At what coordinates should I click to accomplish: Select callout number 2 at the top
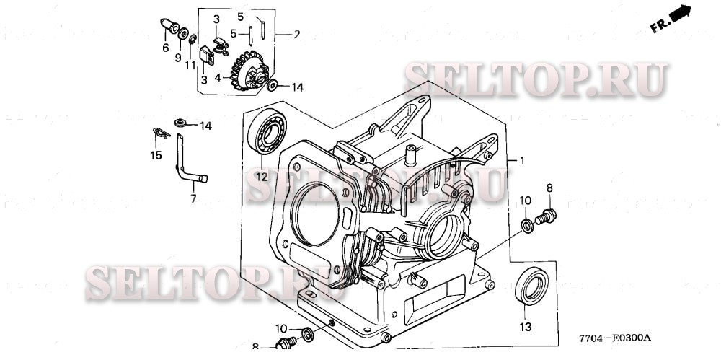point(296,34)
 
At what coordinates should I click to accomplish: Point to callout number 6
point(165,48)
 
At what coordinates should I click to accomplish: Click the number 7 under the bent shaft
point(193,197)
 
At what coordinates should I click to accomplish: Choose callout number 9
point(177,57)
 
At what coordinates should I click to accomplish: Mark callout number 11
point(190,65)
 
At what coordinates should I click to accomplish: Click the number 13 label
point(526,327)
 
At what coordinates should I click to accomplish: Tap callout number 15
point(156,155)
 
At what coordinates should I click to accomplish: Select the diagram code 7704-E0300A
point(614,338)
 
